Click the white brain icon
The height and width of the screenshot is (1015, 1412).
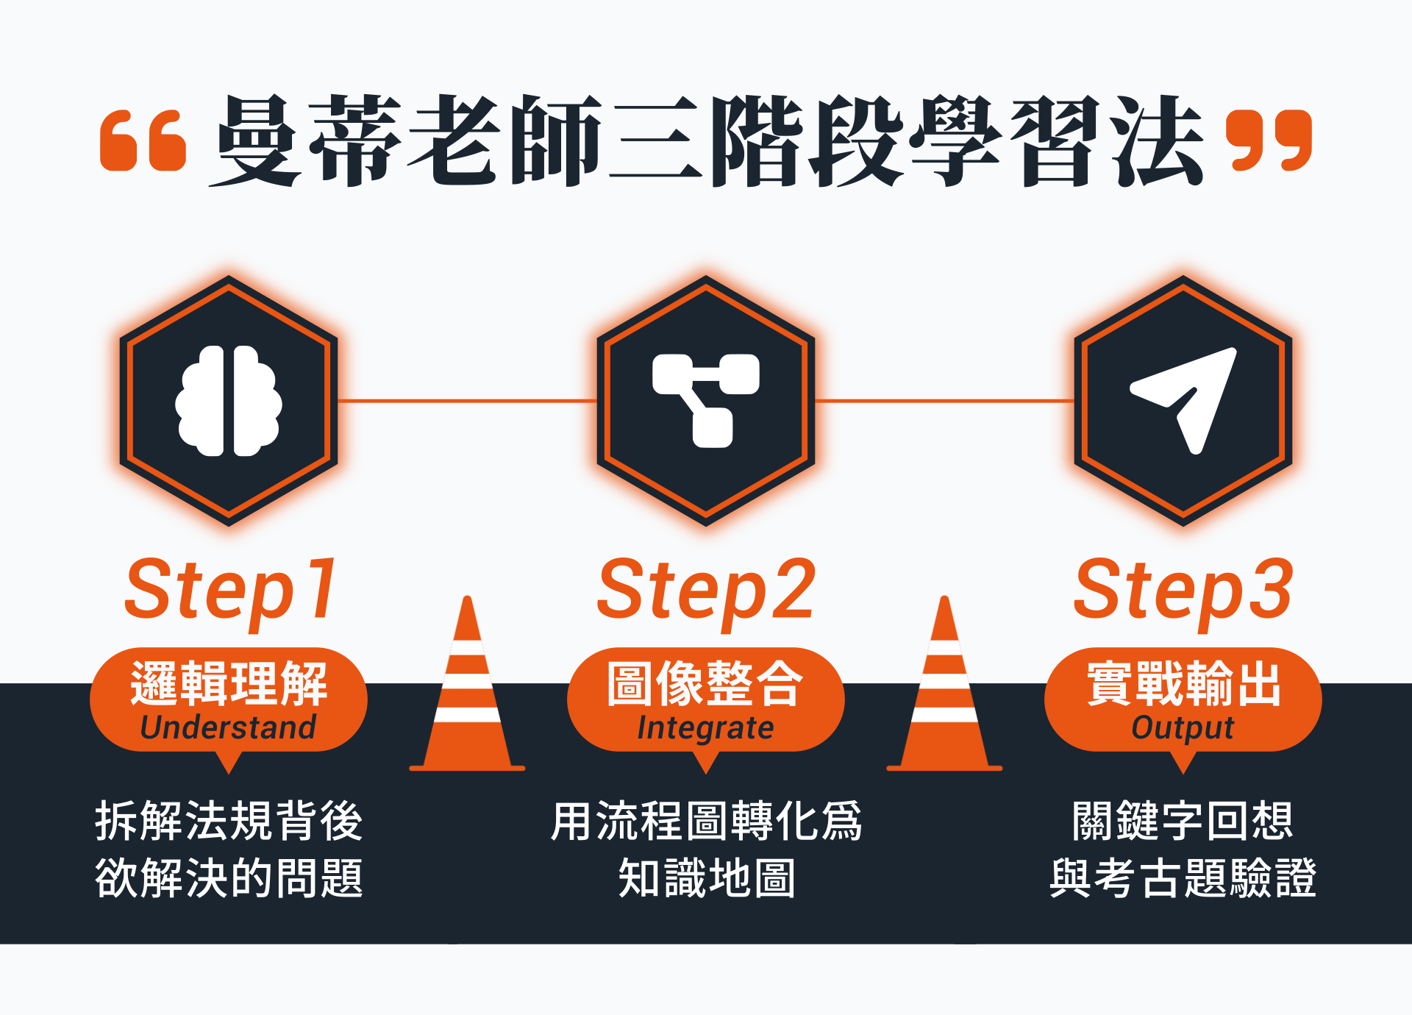click(229, 401)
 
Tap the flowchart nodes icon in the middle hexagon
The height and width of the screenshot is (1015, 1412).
click(706, 401)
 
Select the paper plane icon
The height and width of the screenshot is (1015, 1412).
click(1184, 400)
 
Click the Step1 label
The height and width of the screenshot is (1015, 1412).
click(230, 592)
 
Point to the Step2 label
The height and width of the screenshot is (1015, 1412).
click(706, 592)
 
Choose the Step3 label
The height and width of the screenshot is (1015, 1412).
click(1183, 592)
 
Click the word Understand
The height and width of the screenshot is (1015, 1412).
click(228, 727)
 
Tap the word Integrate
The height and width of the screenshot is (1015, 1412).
click(705, 728)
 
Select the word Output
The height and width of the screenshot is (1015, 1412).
click(1183, 728)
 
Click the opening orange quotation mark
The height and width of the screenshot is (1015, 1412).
click(143, 140)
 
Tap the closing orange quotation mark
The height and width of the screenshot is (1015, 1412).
click(1269, 140)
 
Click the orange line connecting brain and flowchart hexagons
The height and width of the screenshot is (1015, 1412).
click(467, 401)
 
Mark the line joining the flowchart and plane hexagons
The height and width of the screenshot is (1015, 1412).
click(944, 401)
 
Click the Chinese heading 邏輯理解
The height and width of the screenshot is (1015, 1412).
click(229, 683)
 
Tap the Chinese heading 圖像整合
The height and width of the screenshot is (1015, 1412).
click(705, 683)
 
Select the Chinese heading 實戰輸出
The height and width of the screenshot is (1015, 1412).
click(1183, 683)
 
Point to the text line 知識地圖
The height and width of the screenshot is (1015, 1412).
click(706, 877)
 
